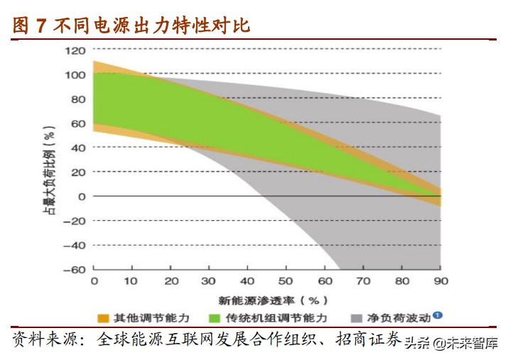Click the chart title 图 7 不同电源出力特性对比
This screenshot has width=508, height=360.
click(132, 26)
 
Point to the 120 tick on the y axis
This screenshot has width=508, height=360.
click(74, 50)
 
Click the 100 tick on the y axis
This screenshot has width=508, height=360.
click(74, 75)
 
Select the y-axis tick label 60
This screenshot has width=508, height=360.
click(77, 124)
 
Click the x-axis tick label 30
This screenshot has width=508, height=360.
click(209, 281)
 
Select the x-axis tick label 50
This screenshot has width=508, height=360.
click(286, 281)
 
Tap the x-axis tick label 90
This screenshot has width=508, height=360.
click(441, 281)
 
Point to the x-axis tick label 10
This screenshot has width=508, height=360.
click(131, 281)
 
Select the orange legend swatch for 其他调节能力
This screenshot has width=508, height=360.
click(102, 317)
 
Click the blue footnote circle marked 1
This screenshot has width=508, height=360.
click(438, 315)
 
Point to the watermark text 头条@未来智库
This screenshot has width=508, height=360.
click(451, 344)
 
